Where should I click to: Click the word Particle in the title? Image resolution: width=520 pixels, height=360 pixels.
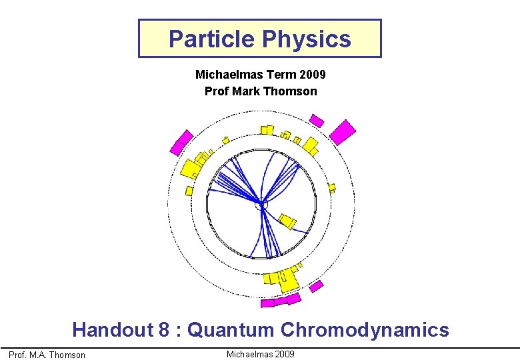click(211, 39)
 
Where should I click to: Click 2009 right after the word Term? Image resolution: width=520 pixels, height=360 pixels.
click(312, 75)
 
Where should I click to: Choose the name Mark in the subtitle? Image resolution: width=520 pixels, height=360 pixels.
click(243, 91)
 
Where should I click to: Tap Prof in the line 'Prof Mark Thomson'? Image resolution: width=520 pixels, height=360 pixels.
click(215, 91)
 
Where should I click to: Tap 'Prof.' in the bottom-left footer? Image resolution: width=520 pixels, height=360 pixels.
click(18, 355)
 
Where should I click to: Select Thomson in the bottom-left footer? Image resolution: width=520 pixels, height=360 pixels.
click(69, 355)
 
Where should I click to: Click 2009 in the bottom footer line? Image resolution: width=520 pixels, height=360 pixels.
click(283, 354)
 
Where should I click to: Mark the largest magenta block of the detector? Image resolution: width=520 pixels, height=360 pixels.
click(343, 131)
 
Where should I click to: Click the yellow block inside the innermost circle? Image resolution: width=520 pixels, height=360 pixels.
click(287, 220)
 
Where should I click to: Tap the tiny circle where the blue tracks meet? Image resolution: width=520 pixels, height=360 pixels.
click(261, 205)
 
